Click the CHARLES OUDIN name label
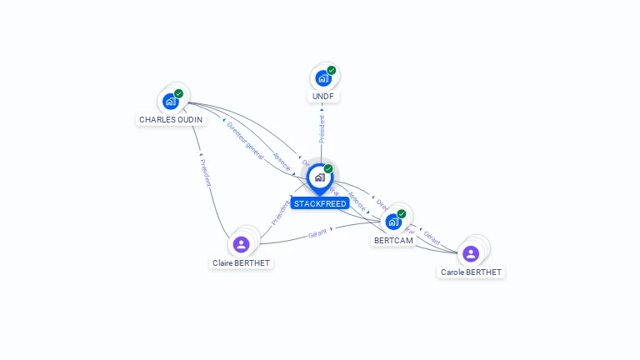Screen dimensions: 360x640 pyautogui.click(x=170, y=119)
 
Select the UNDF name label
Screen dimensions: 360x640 pyautogui.click(x=322, y=97)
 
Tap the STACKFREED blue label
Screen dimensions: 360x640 pyautogui.click(x=320, y=203)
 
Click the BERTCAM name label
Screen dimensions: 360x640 pyautogui.click(x=393, y=240)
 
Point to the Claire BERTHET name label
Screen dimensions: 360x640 pyautogui.click(x=242, y=262)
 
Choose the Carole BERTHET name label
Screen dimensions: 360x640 pyautogui.click(x=471, y=272)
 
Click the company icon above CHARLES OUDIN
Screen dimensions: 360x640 pyautogui.click(x=171, y=102)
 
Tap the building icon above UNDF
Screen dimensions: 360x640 pyautogui.click(x=322, y=78)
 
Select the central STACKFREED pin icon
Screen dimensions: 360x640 pyautogui.click(x=319, y=177)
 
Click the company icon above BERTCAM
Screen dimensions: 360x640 pyautogui.click(x=392, y=222)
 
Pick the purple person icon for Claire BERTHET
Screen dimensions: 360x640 pyautogui.click(x=241, y=244)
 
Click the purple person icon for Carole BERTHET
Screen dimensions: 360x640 pyautogui.click(x=471, y=253)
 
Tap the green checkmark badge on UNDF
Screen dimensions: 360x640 pyautogui.click(x=332, y=71)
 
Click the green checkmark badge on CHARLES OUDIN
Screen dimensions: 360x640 pyautogui.click(x=178, y=93)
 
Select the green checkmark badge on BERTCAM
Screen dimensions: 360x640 pyautogui.click(x=401, y=214)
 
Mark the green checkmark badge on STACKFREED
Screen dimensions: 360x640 pyautogui.click(x=328, y=169)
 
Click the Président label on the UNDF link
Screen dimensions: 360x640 pyautogui.click(x=322, y=129)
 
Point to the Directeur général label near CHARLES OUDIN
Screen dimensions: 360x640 pyautogui.click(x=245, y=138)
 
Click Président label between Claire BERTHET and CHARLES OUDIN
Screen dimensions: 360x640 pyautogui.click(x=206, y=172)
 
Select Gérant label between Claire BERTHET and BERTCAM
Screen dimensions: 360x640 pyautogui.click(x=317, y=234)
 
